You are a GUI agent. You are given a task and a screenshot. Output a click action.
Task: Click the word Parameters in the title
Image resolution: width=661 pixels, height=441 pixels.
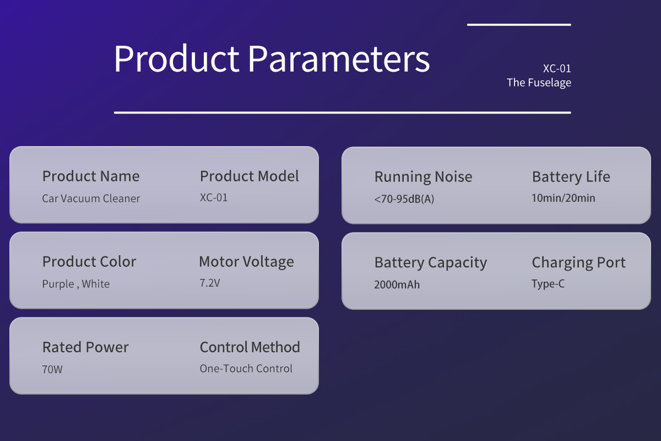click(339, 58)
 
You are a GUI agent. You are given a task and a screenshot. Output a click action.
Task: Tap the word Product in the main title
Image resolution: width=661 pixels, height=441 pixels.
click(176, 58)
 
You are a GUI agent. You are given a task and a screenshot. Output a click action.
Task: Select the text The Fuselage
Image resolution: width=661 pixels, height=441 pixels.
click(539, 83)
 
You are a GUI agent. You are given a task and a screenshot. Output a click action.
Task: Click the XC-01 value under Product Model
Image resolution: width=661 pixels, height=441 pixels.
click(214, 197)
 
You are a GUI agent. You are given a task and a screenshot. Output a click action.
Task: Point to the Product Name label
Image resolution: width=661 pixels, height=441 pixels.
click(91, 176)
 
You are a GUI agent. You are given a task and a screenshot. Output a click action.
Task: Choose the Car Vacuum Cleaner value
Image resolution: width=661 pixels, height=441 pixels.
click(91, 198)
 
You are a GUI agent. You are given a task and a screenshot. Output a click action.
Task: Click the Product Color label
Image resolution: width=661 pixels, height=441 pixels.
click(89, 262)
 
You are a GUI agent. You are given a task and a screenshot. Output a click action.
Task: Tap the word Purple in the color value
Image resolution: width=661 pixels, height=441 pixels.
click(58, 284)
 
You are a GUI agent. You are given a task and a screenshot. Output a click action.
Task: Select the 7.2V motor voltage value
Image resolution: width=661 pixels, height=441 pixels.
click(210, 283)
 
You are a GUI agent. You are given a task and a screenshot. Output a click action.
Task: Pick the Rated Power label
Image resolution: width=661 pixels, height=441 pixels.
click(85, 347)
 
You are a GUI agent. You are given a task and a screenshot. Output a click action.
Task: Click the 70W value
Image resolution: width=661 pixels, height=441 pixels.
click(52, 369)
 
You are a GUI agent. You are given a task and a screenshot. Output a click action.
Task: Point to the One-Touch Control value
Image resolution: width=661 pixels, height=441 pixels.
click(246, 369)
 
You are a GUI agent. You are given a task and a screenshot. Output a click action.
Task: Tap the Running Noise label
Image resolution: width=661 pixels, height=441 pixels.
click(423, 176)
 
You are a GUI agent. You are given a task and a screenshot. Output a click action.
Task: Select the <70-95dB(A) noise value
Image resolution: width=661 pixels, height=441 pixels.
click(404, 199)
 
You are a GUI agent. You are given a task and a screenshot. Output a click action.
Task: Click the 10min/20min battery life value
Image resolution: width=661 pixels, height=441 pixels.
click(563, 198)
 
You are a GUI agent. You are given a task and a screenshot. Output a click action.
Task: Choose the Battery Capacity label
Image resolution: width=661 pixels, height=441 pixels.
click(431, 262)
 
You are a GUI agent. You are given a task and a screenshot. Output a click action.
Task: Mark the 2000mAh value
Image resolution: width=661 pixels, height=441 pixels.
click(397, 285)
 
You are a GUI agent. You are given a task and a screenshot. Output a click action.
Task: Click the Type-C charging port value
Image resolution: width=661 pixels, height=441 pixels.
click(548, 284)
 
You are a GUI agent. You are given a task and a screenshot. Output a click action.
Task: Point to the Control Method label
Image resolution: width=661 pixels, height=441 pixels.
click(250, 347)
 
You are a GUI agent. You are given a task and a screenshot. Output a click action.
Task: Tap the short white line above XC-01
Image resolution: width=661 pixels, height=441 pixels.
click(519, 25)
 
